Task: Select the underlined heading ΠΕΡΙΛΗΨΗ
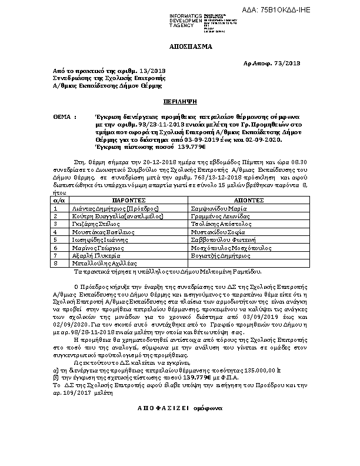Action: coord(180,101)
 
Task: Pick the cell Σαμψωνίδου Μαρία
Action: coord(216,225)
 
